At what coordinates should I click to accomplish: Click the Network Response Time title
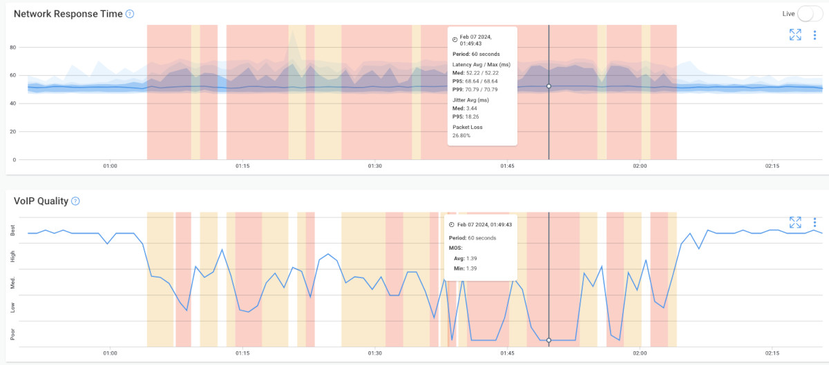[x=68, y=14]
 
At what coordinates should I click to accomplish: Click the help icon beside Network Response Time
[x=130, y=14]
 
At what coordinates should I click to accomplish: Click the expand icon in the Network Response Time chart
[x=795, y=35]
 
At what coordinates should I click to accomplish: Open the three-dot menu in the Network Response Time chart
[x=815, y=35]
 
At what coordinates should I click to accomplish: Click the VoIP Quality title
[x=41, y=201]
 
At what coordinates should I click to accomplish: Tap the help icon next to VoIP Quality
[x=75, y=201]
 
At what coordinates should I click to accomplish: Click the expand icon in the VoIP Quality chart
[x=795, y=222]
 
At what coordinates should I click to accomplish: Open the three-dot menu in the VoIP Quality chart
[x=815, y=222]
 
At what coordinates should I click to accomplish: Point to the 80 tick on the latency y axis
[x=12, y=48]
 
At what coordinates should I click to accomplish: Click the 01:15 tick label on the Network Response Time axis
[x=242, y=166]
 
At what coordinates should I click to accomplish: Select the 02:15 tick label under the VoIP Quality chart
[x=772, y=353]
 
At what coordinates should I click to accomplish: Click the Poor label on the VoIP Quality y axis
[x=12, y=335]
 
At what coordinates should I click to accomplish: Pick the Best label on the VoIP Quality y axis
[x=12, y=231]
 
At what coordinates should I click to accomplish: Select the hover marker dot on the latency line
[x=549, y=86]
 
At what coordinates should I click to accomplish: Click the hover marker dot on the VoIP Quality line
[x=549, y=340]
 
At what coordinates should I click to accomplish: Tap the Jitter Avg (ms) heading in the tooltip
[x=472, y=100]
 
